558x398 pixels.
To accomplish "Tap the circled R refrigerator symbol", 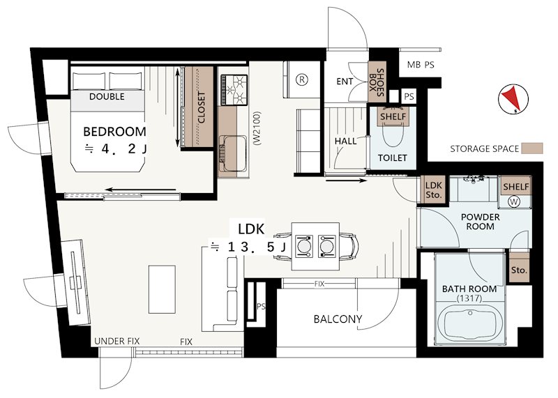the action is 302,79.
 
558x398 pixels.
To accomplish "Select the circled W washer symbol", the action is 514,201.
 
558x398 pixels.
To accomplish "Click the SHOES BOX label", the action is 377,82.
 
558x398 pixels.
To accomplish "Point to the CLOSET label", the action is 202,107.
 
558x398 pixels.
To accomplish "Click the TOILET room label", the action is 392,158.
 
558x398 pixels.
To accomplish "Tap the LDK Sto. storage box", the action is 433,190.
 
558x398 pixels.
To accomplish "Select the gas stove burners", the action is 234,90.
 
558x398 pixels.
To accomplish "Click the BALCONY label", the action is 338,319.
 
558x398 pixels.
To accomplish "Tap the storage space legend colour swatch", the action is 532,148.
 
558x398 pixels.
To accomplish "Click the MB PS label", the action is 421,65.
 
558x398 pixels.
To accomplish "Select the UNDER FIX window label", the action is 116,341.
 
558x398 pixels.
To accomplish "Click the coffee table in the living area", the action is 162,289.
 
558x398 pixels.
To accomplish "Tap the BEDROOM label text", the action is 114,132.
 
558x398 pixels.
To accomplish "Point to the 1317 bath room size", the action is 469,299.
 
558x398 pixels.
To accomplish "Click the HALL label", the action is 345,141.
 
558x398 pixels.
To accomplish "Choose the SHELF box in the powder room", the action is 515,186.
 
